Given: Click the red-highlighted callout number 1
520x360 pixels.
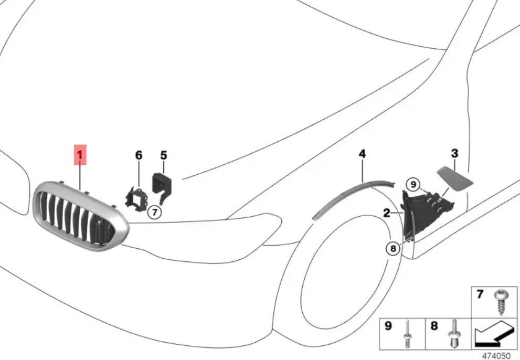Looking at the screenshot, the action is click(x=80, y=155).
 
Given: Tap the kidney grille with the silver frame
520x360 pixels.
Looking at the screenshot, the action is click(x=81, y=216).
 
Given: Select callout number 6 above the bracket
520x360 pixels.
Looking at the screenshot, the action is click(x=139, y=155).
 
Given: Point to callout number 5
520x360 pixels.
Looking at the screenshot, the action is click(x=164, y=155).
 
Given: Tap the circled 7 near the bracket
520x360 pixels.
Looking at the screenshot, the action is click(x=155, y=213).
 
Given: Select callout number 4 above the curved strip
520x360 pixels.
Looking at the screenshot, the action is click(x=362, y=154).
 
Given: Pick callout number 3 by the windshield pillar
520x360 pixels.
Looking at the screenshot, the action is click(x=454, y=153).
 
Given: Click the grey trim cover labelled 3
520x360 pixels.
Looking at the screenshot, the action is click(x=454, y=179).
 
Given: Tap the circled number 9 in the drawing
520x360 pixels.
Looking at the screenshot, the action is click(x=413, y=184).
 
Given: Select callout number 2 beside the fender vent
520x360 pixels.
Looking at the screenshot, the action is click(x=387, y=213).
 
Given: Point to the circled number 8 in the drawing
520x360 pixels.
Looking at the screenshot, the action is click(x=394, y=248).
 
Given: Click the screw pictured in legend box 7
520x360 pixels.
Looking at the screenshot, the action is click(x=501, y=302).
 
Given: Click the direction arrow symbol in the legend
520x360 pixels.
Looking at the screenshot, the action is click(x=495, y=333).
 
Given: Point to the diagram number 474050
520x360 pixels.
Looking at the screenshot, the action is click(x=496, y=356).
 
